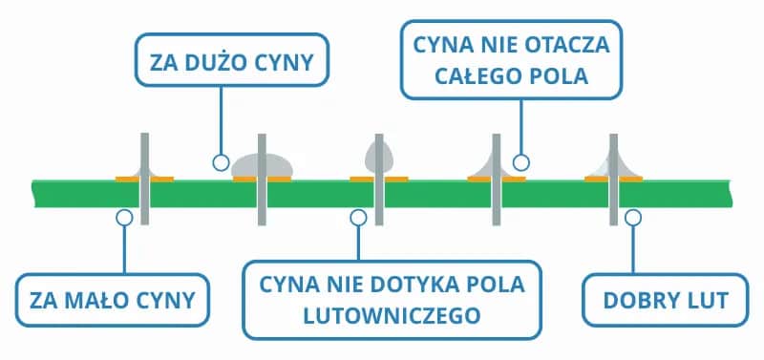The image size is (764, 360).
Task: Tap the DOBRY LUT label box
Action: (666, 301)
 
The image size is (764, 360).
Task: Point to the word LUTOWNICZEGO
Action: (393, 313)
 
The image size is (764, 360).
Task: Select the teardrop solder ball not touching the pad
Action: (377, 153)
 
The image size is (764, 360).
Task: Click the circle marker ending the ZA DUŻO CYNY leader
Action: (221, 161)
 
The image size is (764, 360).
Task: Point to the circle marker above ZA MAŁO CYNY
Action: (123, 218)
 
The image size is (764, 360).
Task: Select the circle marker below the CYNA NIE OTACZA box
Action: (520, 162)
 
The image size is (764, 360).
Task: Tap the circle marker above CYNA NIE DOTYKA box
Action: (358, 218)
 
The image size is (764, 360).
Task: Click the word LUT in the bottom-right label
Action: (711, 301)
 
